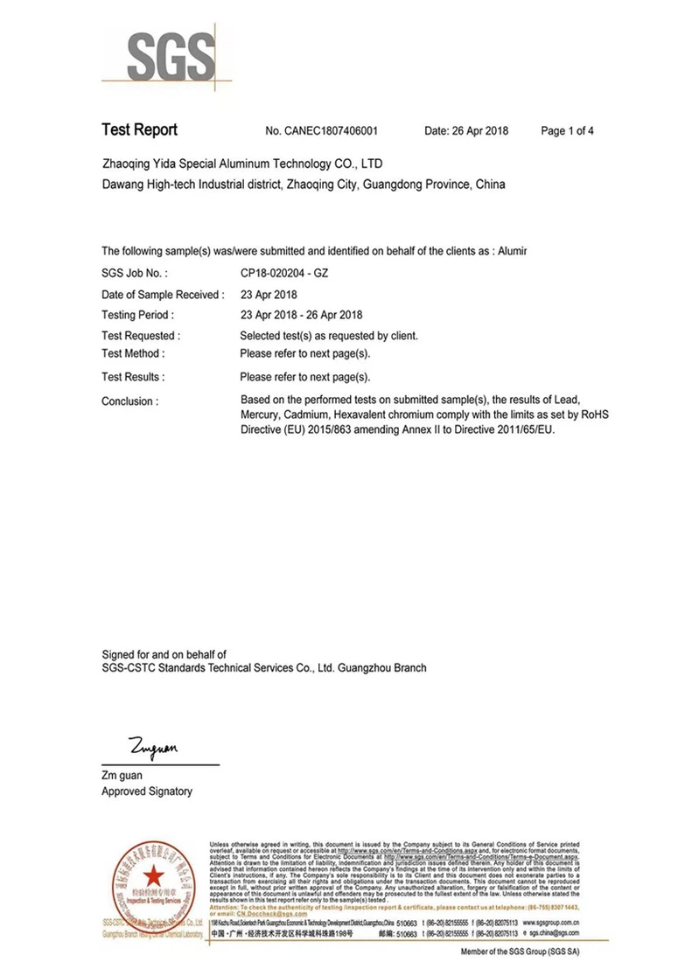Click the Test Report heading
tap(139, 130)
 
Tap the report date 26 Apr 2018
tap(466, 131)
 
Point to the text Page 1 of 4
tap(568, 131)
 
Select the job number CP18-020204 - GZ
tap(284, 274)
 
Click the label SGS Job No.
tap(135, 274)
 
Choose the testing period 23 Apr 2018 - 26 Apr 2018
tap(301, 315)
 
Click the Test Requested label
tap(141, 336)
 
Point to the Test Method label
tap(133, 354)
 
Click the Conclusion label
tap(130, 401)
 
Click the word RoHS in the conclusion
tap(592, 415)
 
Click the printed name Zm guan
tap(122, 775)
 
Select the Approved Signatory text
tap(147, 791)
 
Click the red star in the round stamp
tap(153, 873)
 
